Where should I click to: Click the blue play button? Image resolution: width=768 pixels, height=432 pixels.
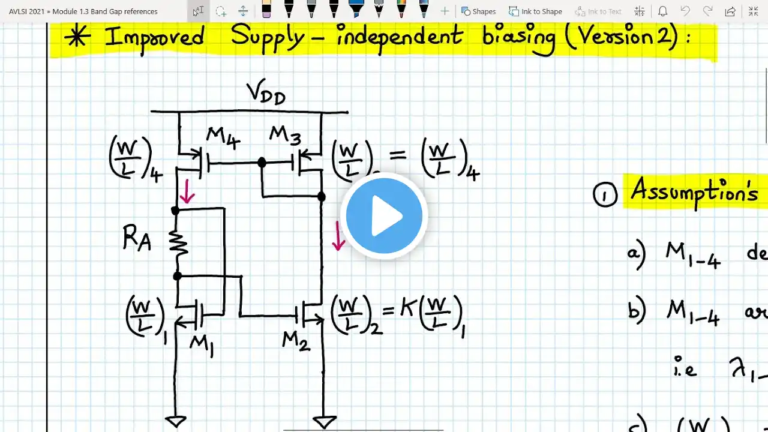pyautogui.click(x=384, y=216)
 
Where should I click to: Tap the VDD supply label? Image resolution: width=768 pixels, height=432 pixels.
pyautogui.click(x=266, y=94)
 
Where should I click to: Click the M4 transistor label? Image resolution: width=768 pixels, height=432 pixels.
pyautogui.click(x=223, y=138)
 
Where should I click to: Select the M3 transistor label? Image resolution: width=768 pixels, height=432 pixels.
pyautogui.click(x=285, y=136)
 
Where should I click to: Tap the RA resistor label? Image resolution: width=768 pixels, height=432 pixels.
pyautogui.click(x=136, y=239)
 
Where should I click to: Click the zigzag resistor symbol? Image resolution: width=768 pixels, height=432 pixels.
pyautogui.click(x=179, y=242)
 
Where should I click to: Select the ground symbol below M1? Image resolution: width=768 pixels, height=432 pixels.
pyautogui.click(x=176, y=421)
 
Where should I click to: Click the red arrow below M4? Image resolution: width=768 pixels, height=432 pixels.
pyautogui.click(x=187, y=192)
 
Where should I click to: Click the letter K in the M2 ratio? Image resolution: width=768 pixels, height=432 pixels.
pyautogui.click(x=408, y=309)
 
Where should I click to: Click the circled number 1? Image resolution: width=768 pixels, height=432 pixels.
pyautogui.click(x=605, y=195)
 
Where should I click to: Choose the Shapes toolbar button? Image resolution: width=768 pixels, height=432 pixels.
pyautogui.click(x=478, y=11)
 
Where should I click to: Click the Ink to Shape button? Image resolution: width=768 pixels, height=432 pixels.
pyautogui.click(x=535, y=11)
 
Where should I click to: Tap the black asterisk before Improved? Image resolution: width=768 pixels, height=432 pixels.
pyautogui.click(x=78, y=37)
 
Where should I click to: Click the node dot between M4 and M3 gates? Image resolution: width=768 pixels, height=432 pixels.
pyautogui.click(x=262, y=163)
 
